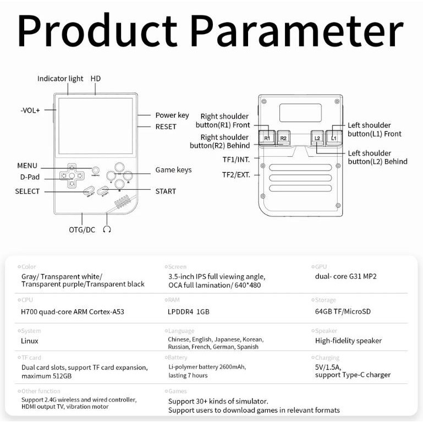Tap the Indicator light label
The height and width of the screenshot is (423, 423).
pos(60,79)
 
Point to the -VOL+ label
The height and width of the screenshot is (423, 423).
pos(30,110)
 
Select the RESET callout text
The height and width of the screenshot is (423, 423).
pos(166,127)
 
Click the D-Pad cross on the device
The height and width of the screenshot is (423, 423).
pos(72,175)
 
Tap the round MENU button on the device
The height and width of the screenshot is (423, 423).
pos(96,171)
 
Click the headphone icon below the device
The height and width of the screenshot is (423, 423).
pos(107,229)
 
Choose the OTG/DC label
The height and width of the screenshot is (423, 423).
pos(82,229)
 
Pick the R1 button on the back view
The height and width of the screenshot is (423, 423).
pos(267,138)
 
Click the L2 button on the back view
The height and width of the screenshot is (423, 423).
pos(317,138)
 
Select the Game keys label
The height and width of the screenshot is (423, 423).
pos(173,170)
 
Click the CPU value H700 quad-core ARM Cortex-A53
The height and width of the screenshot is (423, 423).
pos(73,312)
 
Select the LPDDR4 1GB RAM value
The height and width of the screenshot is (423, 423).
pos(189,312)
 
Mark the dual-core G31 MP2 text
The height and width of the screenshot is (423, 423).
pos(345,276)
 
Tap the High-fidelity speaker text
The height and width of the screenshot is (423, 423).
pos(348,341)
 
